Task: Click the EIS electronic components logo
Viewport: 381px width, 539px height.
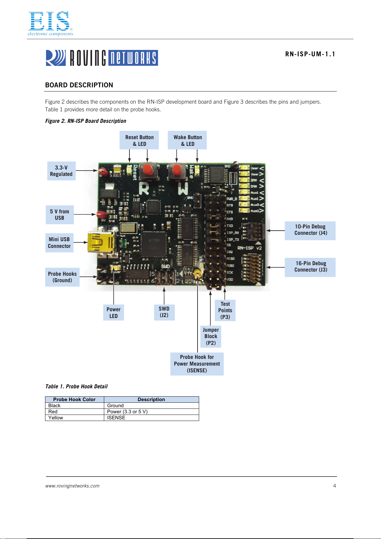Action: pos(50,23)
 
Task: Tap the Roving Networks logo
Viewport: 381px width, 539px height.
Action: pos(102,58)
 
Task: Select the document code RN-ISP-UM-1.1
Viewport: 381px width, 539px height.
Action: pos(310,54)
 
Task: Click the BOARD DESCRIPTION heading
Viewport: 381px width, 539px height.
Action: pos(79,85)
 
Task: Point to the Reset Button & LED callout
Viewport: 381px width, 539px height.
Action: pos(139,140)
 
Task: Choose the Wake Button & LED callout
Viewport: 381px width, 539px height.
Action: pos(188,140)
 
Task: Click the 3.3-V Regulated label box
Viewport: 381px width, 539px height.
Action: pos(61,171)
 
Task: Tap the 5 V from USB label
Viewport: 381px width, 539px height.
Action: pos(59,215)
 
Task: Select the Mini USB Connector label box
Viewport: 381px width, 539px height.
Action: pos(59,243)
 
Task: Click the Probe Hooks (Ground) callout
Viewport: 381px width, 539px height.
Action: pos(62,277)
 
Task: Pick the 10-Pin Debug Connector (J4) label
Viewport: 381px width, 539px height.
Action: pos(310,230)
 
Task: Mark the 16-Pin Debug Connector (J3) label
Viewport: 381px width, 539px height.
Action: pos(310,267)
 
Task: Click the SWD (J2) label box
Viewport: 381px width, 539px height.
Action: pos(164,312)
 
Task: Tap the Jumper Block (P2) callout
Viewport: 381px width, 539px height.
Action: pos(211,336)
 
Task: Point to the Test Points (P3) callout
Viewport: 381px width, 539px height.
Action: pos(225,310)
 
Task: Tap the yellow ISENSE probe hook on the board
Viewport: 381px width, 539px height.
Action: pos(197,273)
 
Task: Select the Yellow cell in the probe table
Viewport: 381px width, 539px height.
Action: pos(56,418)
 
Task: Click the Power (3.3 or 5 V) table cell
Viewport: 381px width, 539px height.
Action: pos(127,412)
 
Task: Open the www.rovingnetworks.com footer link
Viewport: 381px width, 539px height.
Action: pos(72,486)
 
